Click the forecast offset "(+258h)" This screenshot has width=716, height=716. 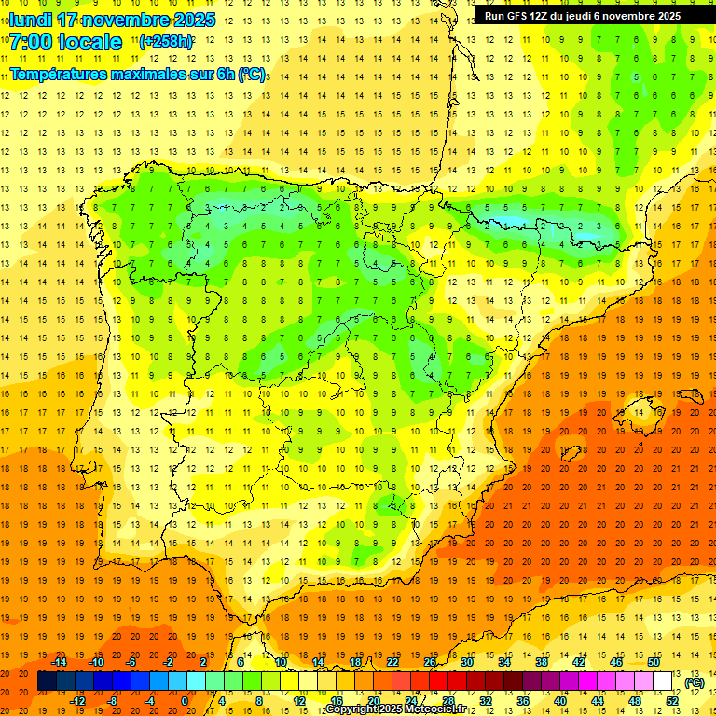coord(166,42)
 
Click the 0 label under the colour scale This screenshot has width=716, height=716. coord(185,701)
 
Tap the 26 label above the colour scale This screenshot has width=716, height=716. coord(430,662)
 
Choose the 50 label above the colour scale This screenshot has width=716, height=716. coord(654,662)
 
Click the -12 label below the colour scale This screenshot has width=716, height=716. coord(77,701)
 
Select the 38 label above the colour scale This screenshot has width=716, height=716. coord(542,662)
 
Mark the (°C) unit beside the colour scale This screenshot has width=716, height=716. coord(695,682)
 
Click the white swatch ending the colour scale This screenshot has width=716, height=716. coord(663,682)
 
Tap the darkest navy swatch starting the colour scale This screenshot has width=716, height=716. coord(47,682)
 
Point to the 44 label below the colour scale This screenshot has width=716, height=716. coord(598,701)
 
